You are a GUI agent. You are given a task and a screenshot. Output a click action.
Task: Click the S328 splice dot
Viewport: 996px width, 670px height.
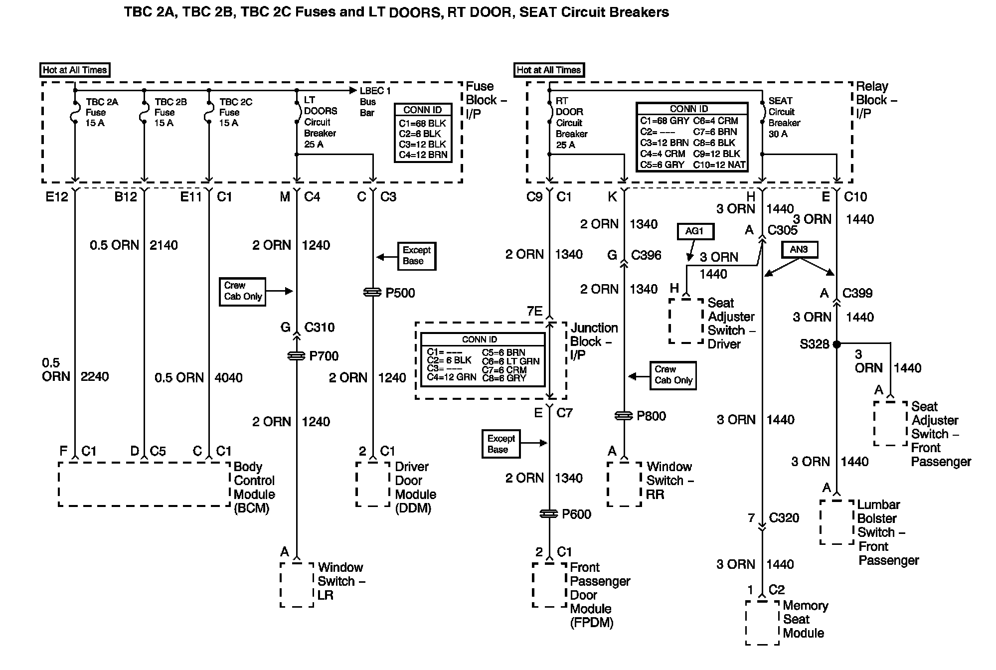pyautogui.click(x=837, y=344)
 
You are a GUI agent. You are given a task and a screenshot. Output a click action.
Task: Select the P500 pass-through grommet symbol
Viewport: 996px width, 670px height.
pyautogui.click(x=372, y=293)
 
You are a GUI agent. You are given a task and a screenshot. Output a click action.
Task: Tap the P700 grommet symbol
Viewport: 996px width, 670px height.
pyautogui.click(x=297, y=356)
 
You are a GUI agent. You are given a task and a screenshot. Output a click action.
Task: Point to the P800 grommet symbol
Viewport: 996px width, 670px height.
pyautogui.click(x=624, y=416)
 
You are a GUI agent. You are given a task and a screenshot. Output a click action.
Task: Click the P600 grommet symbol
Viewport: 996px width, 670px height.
pyautogui.click(x=549, y=514)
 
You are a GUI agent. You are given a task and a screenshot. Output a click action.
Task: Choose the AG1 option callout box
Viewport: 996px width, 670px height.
pyautogui.click(x=695, y=231)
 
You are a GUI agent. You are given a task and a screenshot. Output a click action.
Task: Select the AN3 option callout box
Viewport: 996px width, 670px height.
pyautogui.click(x=799, y=250)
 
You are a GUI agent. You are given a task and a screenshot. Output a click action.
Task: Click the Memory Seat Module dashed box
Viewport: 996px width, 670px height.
pyautogui.click(x=762, y=623)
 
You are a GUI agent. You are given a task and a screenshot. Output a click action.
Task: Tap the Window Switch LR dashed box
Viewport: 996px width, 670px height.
pyautogui.click(x=297, y=585)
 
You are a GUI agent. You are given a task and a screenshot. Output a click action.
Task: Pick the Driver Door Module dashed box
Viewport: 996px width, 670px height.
pyautogui.click(x=372, y=484)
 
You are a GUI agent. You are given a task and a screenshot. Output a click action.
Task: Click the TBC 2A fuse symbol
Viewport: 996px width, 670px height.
pyautogui.click(x=75, y=112)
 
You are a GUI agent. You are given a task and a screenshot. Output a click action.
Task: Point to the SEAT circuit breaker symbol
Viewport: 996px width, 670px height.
pyautogui.click(x=762, y=113)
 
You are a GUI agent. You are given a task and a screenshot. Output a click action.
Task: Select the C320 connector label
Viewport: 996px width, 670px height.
pyautogui.click(x=784, y=518)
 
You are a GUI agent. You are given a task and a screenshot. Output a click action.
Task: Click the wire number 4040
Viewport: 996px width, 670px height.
pyautogui.click(x=228, y=377)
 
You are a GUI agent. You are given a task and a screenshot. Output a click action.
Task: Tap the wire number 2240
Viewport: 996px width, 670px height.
pyautogui.click(x=95, y=376)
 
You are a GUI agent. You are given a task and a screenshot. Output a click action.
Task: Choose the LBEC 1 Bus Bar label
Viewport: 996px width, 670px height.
pyautogui.click(x=375, y=102)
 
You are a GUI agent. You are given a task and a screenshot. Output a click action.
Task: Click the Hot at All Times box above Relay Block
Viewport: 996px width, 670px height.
pyautogui.click(x=549, y=70)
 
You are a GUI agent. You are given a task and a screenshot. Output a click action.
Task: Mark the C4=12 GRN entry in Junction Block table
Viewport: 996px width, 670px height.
pyautogui.click(x=451, y=377)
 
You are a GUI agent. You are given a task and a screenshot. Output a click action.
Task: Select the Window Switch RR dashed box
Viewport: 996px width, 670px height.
pyautogui.click(x=624, y=484)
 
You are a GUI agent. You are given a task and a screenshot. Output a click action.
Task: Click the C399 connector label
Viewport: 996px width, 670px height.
pyautogui.click(x=857, y=293)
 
